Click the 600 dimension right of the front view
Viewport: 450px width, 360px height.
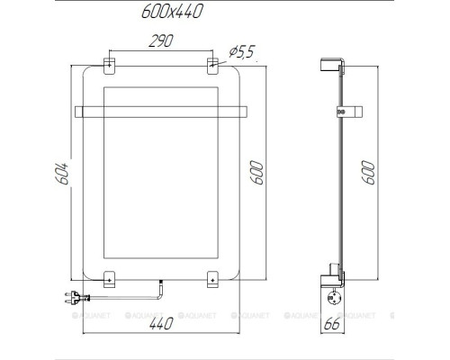pyautogui.click(x=258, y=173)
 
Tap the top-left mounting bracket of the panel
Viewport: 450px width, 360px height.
pyautogui.click(x=109, y=65)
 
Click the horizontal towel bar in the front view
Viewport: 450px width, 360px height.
pyautogui.click(x=162, y=112)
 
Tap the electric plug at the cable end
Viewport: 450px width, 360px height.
pyautogui.click(x=76, y=294)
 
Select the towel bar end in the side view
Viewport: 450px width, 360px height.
pyautogui.click(x=341, y=112)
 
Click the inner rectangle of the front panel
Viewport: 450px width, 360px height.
pyautogui.click(x=162, y=180)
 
